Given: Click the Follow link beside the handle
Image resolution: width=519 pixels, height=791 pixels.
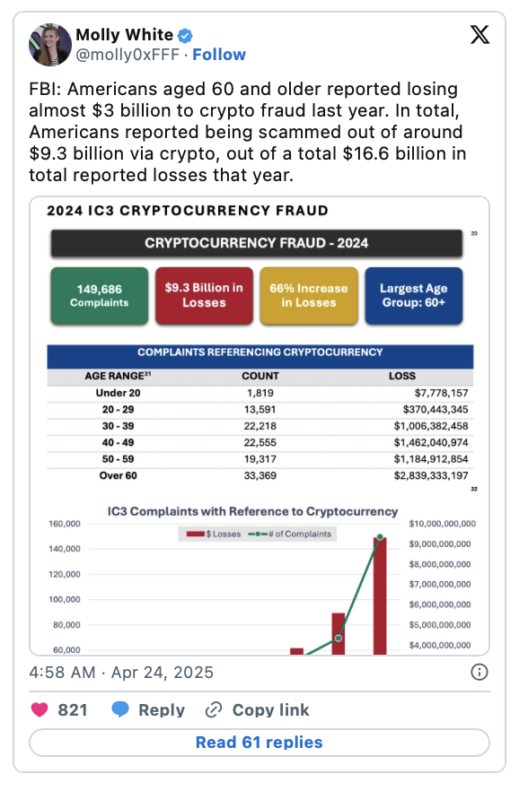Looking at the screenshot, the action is point(219,55).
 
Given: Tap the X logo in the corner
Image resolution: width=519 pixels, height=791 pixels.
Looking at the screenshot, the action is point(479,35).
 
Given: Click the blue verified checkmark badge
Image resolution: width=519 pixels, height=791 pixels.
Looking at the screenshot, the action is point(185,35).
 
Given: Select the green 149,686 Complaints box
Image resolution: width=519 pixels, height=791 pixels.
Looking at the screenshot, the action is point(100,296).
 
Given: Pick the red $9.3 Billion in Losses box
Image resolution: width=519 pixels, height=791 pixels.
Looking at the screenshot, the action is point(204,296).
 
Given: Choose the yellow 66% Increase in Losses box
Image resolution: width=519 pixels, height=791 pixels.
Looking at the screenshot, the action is point(309,296).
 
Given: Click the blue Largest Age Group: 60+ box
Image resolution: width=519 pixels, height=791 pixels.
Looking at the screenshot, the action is point(413,296).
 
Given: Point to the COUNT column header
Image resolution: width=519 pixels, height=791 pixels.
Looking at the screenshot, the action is point(260,376).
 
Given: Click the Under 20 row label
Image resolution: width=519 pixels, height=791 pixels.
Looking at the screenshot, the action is point(119,393).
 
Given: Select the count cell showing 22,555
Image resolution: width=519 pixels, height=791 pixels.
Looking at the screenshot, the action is point(260,442).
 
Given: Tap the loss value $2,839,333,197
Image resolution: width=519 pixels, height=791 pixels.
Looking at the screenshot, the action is point(431,475).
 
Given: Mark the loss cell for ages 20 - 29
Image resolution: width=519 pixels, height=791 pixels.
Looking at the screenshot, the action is point(435,410).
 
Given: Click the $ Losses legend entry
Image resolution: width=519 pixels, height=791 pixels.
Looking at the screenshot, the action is point(213,535).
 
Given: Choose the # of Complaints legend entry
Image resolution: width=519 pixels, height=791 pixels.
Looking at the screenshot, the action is point(290,535).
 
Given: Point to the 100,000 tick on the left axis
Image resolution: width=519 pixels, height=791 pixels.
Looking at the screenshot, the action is point(65,599).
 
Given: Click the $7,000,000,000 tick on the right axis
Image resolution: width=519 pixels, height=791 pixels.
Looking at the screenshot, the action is point(440,584).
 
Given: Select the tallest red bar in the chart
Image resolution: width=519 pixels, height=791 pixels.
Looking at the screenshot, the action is point(380,596).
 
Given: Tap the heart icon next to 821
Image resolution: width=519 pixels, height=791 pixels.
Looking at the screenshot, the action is point(40,709).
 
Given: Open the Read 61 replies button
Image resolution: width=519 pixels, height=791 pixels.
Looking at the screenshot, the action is point(259,743).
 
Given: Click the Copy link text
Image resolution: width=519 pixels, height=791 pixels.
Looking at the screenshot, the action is point(270,709).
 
